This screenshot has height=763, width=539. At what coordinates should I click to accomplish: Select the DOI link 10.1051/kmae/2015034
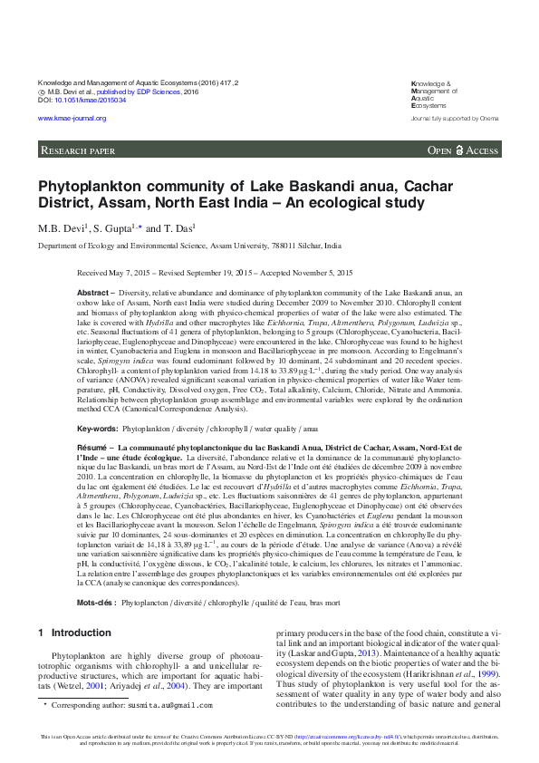(87, 100)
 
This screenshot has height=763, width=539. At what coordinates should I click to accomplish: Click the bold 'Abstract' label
(95, 294)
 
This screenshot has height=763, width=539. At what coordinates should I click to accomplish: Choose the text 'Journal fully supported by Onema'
(454, 119)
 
